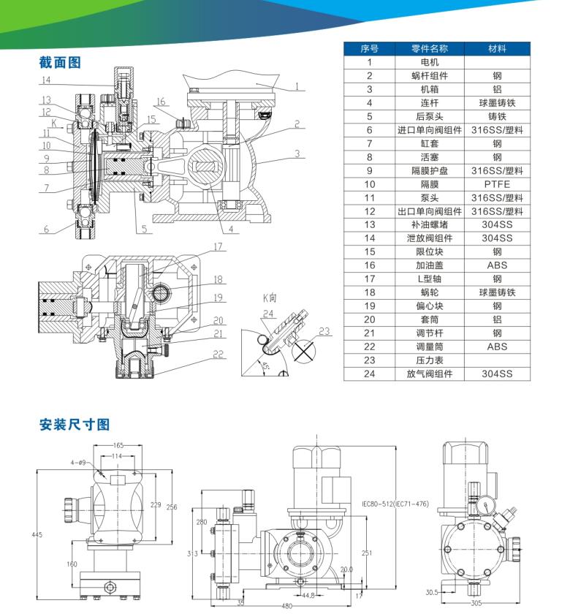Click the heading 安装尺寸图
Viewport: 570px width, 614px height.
click(x=75, y=425)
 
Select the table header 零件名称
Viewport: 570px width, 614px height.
click(x=430, y=49)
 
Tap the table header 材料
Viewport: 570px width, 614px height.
click(x=497, y=49)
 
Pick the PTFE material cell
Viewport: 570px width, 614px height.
click(x=497, y=184)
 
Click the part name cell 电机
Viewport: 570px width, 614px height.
click(x=430, y=62)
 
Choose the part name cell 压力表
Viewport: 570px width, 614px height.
click(x=430, y=360)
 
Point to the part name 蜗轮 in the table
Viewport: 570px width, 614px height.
click(x=430, y=292)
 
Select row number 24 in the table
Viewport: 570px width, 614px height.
click(x=370, y=374)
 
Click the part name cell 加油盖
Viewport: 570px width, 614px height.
click(x=430, y=265)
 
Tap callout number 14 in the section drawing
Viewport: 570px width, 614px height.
click(x=46, y=80)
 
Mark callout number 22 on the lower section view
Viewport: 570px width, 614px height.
click(x=217, y=354)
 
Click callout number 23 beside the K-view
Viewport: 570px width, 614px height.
click(x=324, y=331)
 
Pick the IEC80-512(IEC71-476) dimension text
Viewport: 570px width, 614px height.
click(x=395, y=504)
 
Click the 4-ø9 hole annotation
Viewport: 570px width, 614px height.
click(x=80, y=463)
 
